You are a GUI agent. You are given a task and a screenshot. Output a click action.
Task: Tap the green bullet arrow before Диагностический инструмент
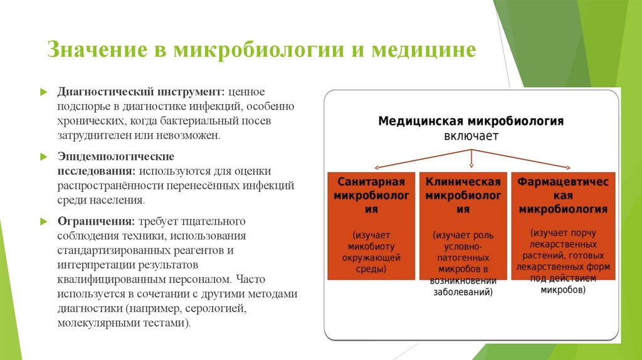point(43,92)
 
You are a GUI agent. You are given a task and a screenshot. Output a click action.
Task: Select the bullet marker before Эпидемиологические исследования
point(43,156)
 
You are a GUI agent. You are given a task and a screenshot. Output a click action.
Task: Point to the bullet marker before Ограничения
point(43,221)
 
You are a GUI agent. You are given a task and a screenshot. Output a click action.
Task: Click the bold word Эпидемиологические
point(116,156)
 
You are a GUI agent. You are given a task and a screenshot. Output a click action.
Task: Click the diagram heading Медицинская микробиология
point(471,121)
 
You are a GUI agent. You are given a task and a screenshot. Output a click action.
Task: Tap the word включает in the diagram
point(471,136)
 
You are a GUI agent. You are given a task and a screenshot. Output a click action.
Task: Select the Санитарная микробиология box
point(371,225)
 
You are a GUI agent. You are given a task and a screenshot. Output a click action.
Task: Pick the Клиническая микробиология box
point(463,225)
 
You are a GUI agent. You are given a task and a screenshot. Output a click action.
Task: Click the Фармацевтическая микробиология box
point(562,225)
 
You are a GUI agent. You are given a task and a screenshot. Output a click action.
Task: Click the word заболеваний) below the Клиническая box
point(463,292)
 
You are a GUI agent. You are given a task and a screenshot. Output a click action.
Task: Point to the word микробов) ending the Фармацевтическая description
point(562,290)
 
